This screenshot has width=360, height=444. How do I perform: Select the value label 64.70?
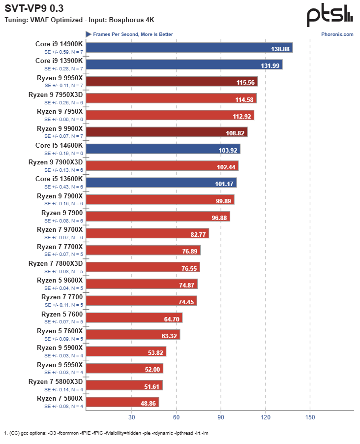(x=172, y=318)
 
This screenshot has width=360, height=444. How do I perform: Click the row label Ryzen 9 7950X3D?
(x=56, y=95)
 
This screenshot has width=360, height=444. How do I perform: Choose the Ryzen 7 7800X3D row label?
(x=56, y=263)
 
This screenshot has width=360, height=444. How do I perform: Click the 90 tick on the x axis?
(x=221, y=417)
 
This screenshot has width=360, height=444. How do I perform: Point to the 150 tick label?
(x=310, y=417)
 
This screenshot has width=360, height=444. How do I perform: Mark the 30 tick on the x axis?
(x=131, y=417)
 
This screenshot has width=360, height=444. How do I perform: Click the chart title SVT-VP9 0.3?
(x=34, y=8)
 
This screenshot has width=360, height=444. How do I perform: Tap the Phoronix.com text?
(x=337, y=34)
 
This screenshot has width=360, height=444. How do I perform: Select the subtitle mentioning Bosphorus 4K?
(x=79, y=20)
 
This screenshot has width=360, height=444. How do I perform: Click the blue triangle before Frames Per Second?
(x=89, y=34)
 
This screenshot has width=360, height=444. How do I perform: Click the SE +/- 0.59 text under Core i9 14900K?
(x=63, y=51)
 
